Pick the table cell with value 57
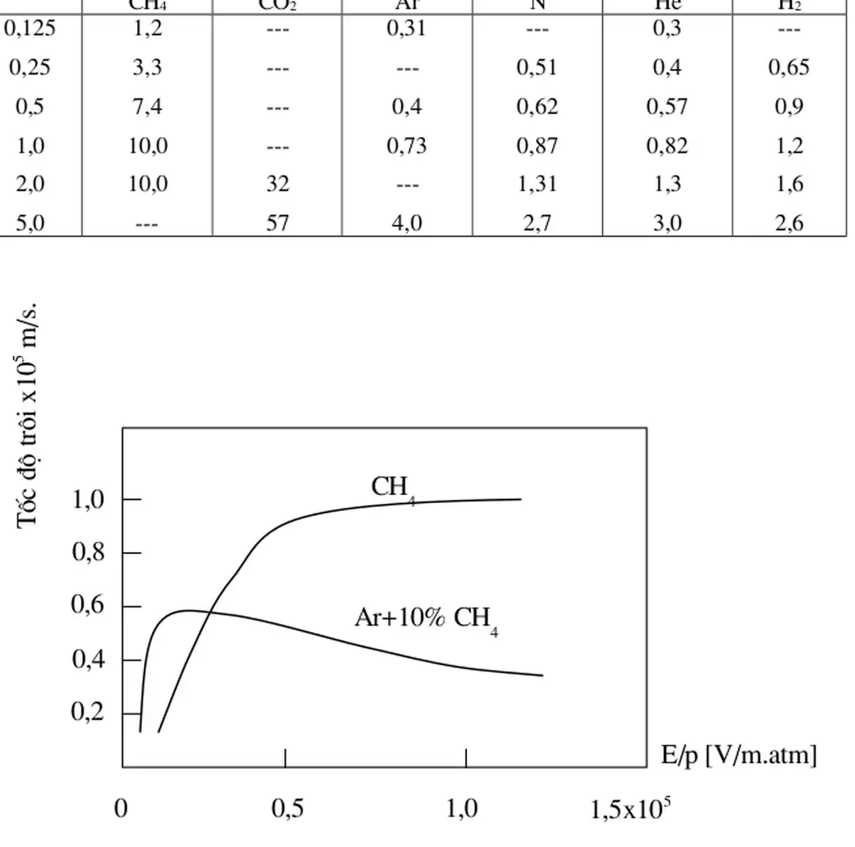(x=277, y=223)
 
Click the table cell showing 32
(x=277, y=184)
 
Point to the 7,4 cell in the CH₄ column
(x=147, y=107)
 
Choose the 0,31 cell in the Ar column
(x=407, y=29)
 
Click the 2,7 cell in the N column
(x=537, y=223)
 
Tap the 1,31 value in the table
(x=537, y=184)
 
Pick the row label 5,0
(x=31, y=223)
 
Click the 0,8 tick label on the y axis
(x=88, y=554)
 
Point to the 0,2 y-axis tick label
(x=88, y=713)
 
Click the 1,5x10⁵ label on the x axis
(x=631, y=811)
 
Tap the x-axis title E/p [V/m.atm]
(x=739, y=757)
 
